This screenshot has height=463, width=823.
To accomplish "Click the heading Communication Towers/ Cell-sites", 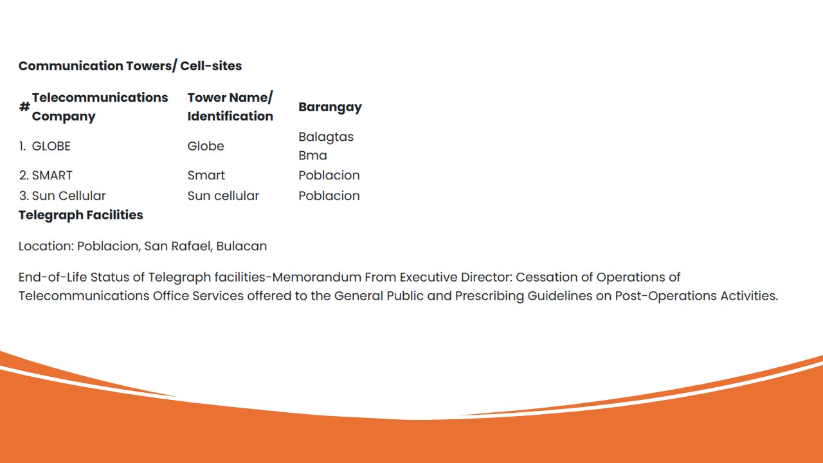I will coord(130,66).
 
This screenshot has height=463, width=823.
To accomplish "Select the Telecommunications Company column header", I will coord(100,107).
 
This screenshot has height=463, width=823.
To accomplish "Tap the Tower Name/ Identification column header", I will coord(230,107).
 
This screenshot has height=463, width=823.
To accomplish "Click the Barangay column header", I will coord(330,107).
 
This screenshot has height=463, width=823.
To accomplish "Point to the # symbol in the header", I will coord(24,107).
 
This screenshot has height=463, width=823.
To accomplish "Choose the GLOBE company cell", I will coord(51,146).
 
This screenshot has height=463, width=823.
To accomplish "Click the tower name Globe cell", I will coord(206,146).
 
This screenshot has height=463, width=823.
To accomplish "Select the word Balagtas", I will coord(326,136).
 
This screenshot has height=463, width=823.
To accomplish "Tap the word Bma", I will coord(312,156).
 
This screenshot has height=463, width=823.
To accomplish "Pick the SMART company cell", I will coord(52,175).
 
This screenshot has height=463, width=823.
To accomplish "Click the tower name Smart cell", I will coord(206,175).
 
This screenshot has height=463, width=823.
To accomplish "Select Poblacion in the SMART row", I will coord(329,175).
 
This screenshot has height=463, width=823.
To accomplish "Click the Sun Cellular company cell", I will coord(69,195).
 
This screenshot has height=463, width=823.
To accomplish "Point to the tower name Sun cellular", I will coord(223,195).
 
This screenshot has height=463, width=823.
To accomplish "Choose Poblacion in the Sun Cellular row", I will coord(329,195).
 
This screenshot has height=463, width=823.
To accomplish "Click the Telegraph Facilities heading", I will coord(81,215).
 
